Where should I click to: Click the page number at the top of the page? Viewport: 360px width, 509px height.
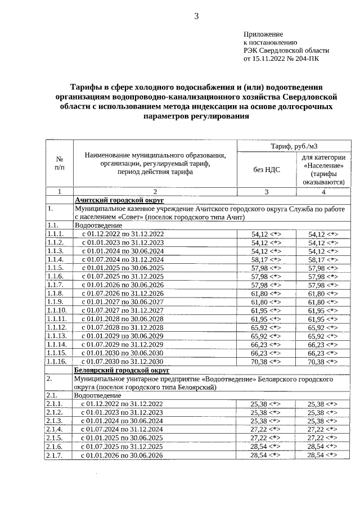196,16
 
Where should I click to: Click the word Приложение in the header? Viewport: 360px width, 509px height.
263,34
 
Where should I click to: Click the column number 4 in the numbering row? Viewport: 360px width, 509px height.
323,192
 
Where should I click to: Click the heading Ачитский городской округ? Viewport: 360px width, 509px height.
119,200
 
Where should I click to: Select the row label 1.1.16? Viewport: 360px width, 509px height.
58,362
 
